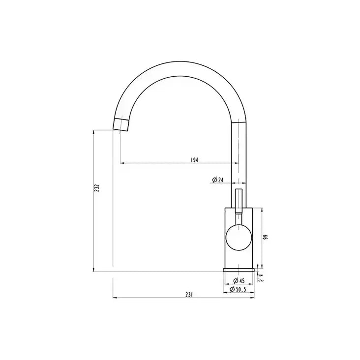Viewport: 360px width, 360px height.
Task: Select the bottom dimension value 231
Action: (x=188, y=295)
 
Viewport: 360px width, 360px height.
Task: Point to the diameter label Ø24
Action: (x=217, y=180)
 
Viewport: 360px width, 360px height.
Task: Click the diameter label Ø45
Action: (x=239, y=281)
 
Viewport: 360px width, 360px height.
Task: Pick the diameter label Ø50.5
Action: (x=238, y=290)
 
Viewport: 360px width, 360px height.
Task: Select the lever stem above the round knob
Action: (x=239, y=202)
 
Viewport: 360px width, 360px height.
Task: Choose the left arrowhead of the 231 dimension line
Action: (x=115, y=298)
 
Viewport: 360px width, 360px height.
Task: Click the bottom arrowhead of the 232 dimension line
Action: (x=93, y=269)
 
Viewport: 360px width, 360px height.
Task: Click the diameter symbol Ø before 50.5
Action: (x=232, y=290)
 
